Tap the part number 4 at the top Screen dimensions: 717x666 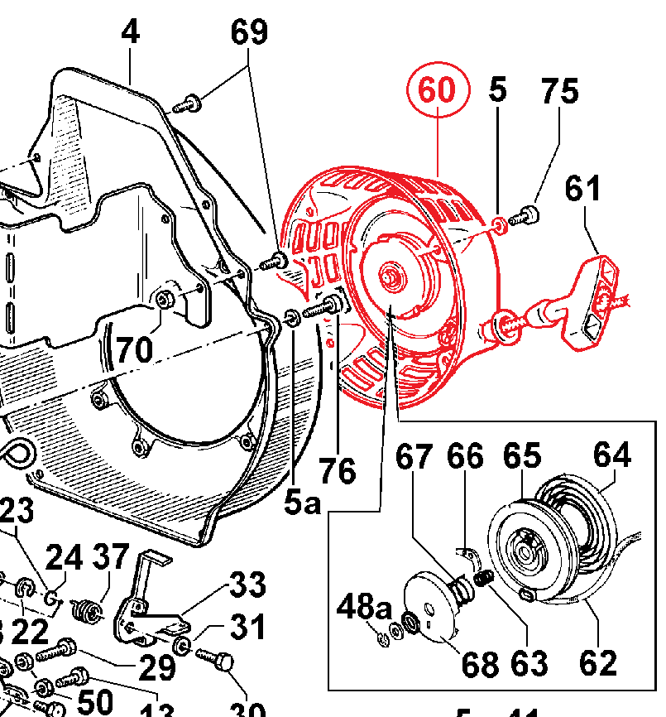pyautogui.click(x=130, y=33)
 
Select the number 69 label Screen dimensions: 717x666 pyautogui.click(x=248, y=33)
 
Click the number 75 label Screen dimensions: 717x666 pyautogui.click(x=559, y=91)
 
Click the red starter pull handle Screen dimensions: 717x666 pyautogui.click(x=593, y=300)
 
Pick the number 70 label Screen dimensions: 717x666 pyautogui.click(x=134, y=349)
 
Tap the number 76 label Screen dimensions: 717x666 pyautogui.click(x=338, y=471)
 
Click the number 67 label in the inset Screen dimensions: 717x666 pyautogui.click(x=414, y=456)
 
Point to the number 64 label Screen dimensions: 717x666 pyautogui.click(x=611, y=455)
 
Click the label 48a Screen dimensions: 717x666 pyautogui.click(x=363, y=609)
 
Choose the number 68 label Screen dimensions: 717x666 pyautogui.click(x=480, y=663)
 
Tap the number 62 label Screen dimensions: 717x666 pyautogui.click(x=597, y=662)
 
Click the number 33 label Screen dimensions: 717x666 pyautogui.click(x=247, y=585)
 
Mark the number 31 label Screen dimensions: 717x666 pyautogui.click(x=247, y=627)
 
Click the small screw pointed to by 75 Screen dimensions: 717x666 pyautogui.click(x=523, y=217)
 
